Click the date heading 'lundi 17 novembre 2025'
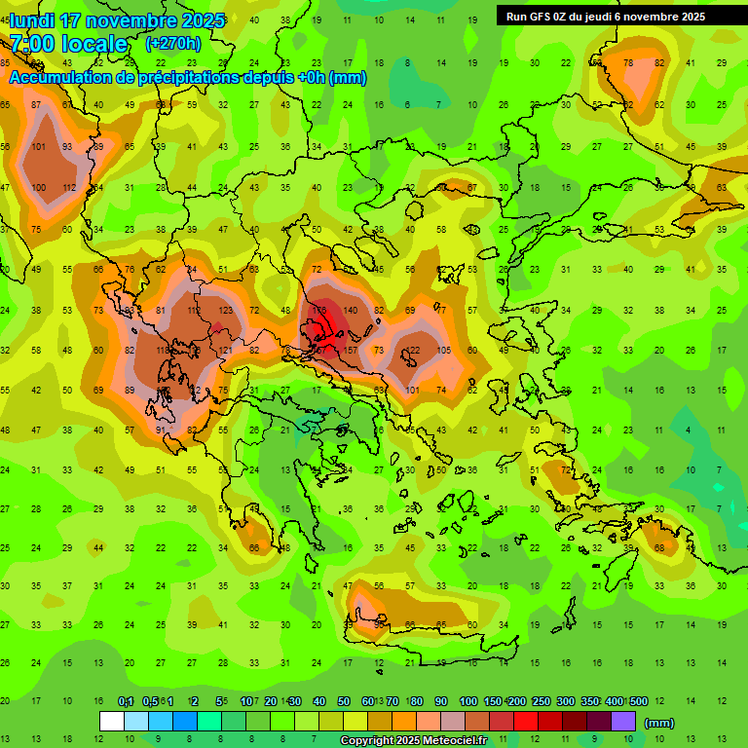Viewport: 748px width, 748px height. [x=117, y=20]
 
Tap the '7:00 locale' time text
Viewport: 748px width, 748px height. [x=68, y=44]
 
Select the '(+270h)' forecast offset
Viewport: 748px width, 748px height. [x=173, y=44]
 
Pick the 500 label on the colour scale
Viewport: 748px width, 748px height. [x=638, y=702]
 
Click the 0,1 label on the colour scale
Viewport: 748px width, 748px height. [x=126, y=702]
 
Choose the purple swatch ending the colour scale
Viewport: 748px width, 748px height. [x=623, y=721]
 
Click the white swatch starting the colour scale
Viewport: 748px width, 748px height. [x=112, y=721]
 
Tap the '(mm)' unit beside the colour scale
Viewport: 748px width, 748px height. [x=659, y=723]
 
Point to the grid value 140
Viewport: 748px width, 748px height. [x=351, y=310]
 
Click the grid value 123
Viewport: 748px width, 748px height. [x=226, y=310]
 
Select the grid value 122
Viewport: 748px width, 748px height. [x=413, y=350]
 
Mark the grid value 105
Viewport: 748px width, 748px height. [x=444, y=350]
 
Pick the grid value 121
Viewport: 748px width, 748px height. [x=225, y=350]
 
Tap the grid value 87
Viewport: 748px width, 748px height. [x=37, y=105]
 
